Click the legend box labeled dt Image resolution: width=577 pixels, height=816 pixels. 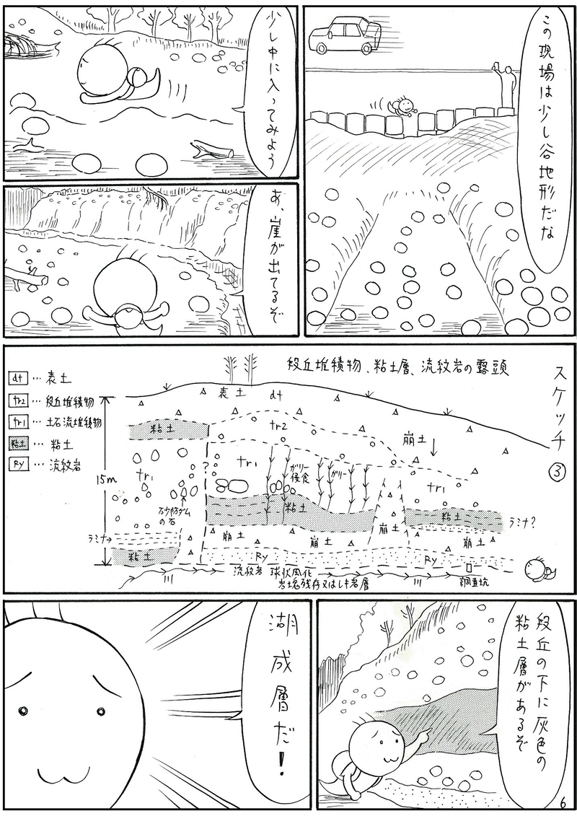[x=19, y=377]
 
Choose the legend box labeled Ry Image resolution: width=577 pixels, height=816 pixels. [x=19, y=465]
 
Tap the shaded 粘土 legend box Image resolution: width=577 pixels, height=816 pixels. [x=19, y=443]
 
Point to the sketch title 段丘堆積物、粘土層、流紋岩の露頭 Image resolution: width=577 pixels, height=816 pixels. [x=397, y=367]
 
